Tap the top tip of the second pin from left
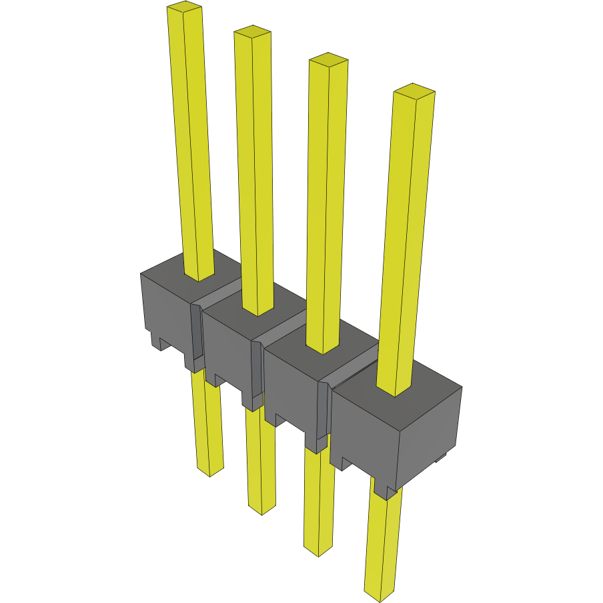pos(252,31)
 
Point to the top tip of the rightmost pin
pos(414,91)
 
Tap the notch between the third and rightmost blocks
pos(323,414)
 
